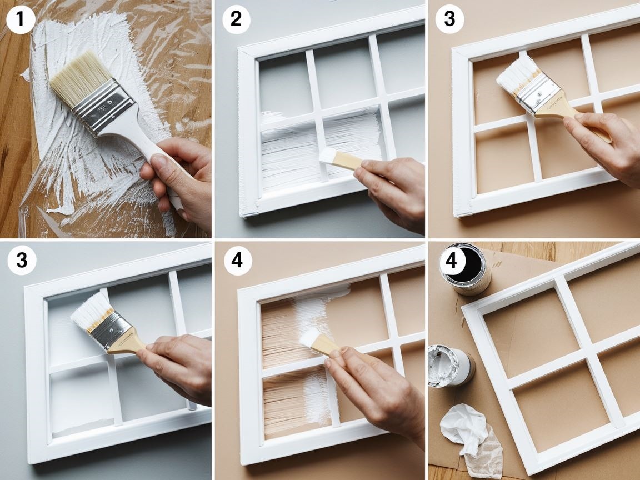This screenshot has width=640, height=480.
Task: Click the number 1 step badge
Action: [x=21, y=19]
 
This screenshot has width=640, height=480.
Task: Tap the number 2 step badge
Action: [x=236, y=19]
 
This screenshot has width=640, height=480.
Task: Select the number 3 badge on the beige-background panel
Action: [x=449, y=19]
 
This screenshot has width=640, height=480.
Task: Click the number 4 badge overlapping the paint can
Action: [x=451, y=261]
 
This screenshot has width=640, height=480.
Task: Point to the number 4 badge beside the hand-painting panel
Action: [x=237, y=261]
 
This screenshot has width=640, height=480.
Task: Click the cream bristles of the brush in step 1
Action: [x=80, y=78]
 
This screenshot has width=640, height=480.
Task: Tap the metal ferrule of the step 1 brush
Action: [x=103, y=107]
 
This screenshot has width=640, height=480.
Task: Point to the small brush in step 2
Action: [x=339, y=159]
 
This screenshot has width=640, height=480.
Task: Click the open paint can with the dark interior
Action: [x=466, y=269]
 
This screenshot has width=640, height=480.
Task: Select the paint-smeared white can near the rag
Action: [x=451, y=366]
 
